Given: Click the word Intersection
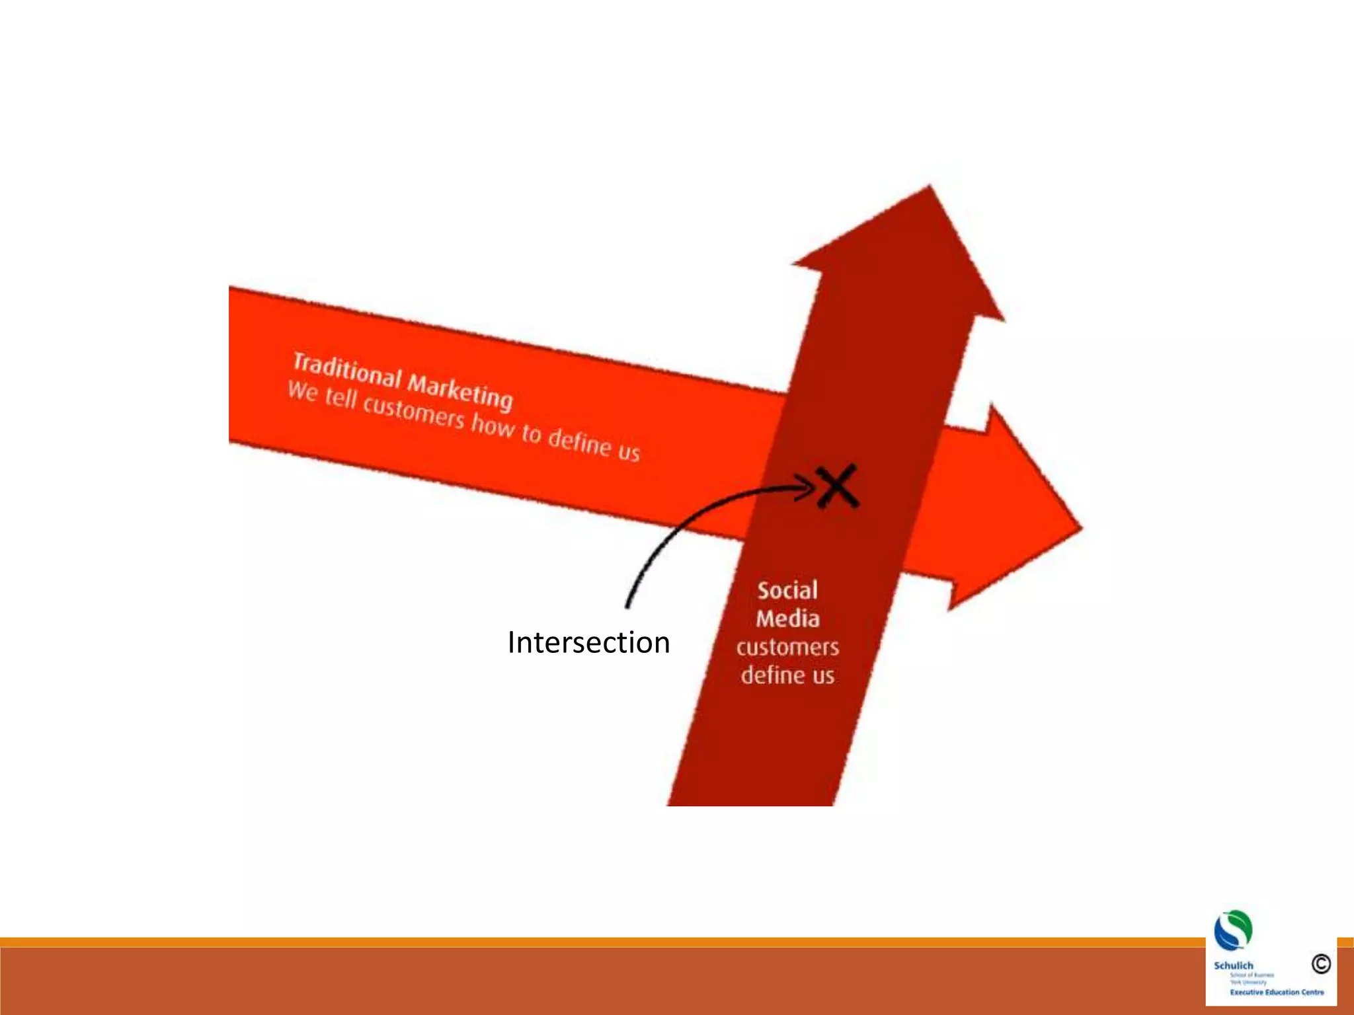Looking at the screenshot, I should click(588, 642).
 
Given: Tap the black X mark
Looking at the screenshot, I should click(836, 486).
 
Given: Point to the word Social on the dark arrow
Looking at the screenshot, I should click(787, 590).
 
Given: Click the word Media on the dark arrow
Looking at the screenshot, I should click(787, 619).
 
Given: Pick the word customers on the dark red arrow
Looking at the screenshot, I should click(787, 647).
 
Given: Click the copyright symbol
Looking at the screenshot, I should click(1321, 964).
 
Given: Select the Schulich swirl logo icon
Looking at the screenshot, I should click(1233, 930).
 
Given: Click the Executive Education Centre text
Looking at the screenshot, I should click(1277, 992).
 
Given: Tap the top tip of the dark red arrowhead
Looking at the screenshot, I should click(930, 186).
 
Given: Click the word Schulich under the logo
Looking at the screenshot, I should click(1233, 965).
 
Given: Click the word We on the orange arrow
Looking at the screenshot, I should click(303, 391).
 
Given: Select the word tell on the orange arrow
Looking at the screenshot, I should click(340, 398).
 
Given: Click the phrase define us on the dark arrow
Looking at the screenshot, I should click(787, 675).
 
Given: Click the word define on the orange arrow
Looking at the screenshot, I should click(580, 441).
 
